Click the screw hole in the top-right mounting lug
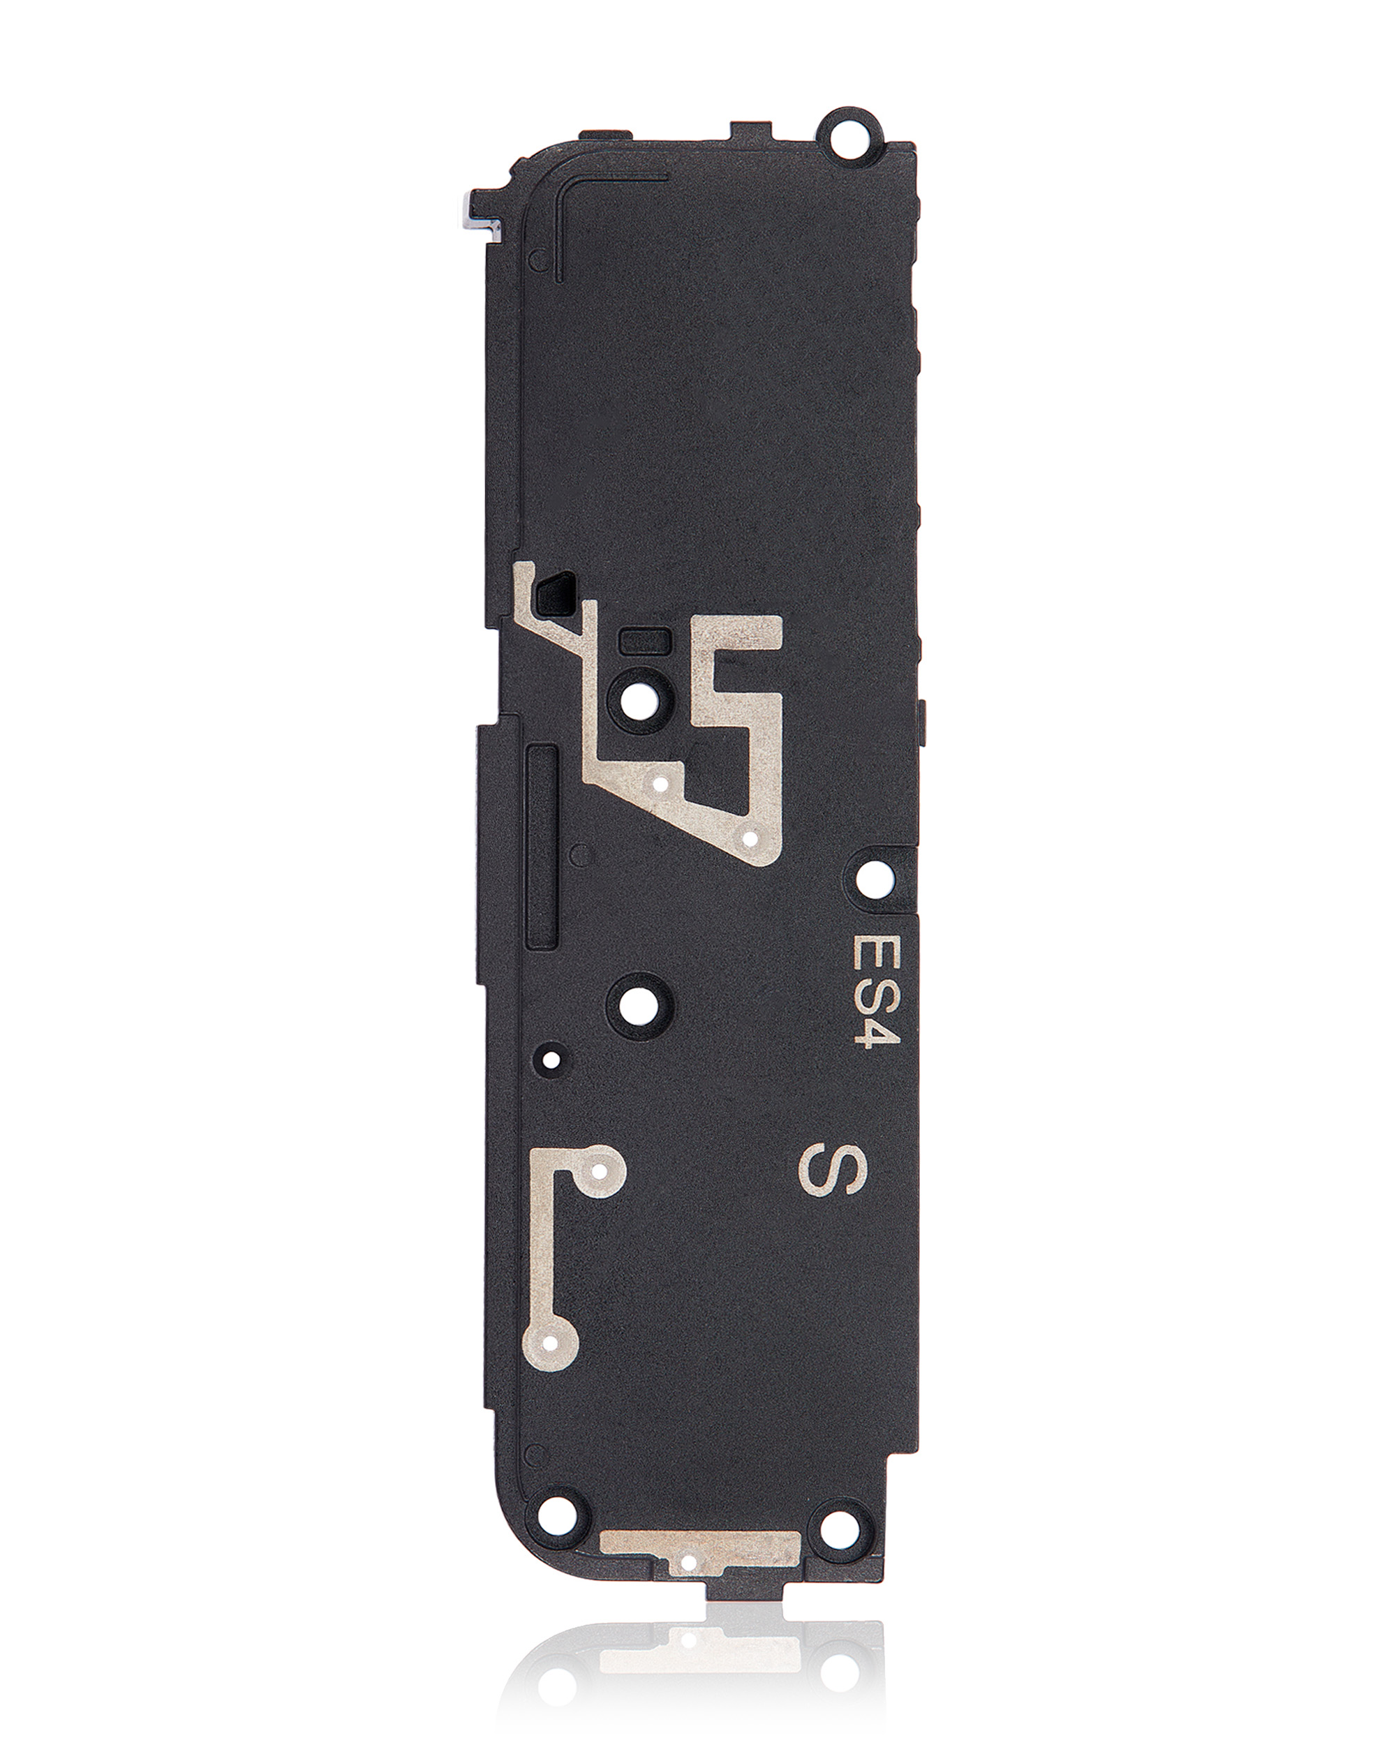(x=851, y=131)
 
